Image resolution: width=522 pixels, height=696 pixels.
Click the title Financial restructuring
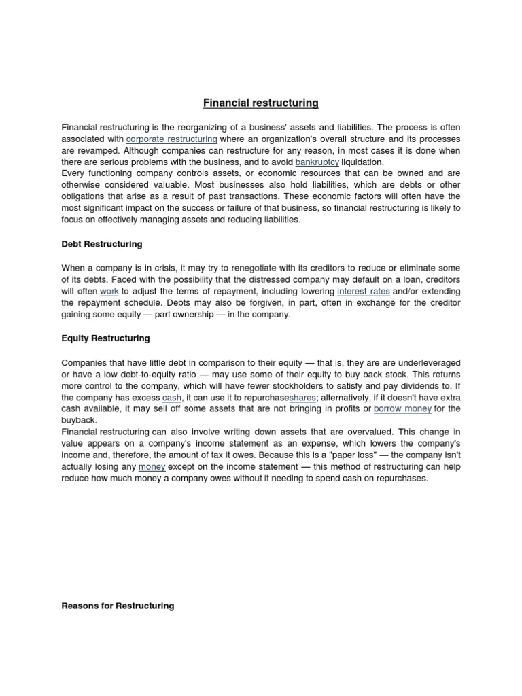click(x=261, y=103)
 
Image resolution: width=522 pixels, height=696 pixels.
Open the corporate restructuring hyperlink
click(x=172, y=139)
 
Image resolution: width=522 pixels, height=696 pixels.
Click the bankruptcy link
click(x=317, y=162)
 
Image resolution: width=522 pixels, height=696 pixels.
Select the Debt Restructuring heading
click(x=102, y=243)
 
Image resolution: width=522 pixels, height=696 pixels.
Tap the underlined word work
click(x=109, y=292)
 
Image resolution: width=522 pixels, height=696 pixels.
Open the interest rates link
click(x=364, y=292)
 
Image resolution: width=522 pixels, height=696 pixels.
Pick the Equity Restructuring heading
click(x=105, y=338)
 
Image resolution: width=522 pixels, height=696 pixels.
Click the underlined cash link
click(x=172, y=397)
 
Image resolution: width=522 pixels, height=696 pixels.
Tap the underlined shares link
click(x=302, y=397)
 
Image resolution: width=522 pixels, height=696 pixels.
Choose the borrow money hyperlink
click(x=402, y=408)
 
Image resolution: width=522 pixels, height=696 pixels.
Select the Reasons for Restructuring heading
click(x=118, y=606)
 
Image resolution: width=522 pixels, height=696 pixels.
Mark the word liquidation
click(x=362, y=162)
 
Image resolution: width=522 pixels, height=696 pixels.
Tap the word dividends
click(x=415, y=385)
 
